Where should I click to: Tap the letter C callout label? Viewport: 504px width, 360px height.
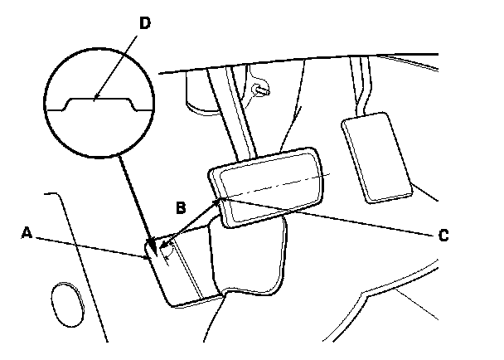click(443, 235)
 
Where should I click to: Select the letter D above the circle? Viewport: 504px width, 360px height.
click(144, 23)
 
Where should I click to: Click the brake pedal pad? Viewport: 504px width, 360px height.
click(267, 187)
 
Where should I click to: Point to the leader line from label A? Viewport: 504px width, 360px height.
click(91, 246)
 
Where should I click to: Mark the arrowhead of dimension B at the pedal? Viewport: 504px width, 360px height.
click(220, 200)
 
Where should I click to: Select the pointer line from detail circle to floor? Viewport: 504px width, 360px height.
click(133, 199)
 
